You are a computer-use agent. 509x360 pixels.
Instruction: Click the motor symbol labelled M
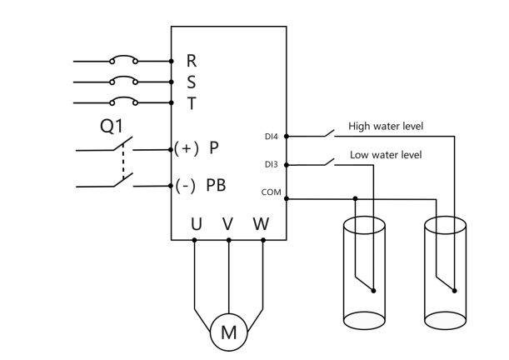point(229,332)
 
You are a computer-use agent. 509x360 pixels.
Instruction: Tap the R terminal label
point(192,61)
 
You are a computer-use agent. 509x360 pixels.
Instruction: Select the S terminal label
point(192,82)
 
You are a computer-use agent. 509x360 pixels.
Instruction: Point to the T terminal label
point(192,103)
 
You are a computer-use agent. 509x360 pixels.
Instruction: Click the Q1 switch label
point(112,126)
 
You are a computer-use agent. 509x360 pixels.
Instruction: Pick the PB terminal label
point(217,185)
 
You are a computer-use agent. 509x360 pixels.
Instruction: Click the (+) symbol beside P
point(187,148)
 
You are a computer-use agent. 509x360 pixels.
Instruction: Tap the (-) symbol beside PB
point(186,186)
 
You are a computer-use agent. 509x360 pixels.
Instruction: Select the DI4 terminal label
point(272,137)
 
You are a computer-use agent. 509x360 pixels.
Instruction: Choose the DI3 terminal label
point(272,164)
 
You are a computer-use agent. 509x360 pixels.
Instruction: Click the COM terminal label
point(271,192)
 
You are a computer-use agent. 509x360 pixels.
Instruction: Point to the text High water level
point(386,126)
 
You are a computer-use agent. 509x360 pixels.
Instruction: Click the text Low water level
point(386,154)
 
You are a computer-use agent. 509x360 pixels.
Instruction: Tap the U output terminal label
point(197,224)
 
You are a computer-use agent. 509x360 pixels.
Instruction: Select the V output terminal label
point(228,224)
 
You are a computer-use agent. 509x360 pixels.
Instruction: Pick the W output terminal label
point(262,224)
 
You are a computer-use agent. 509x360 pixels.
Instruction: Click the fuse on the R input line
point(123,57)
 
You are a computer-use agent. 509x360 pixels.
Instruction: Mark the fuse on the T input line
point(123,98)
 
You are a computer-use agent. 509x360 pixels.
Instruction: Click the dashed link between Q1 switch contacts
point(123,161)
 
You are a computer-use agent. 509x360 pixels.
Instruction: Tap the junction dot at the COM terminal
point(287,198)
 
